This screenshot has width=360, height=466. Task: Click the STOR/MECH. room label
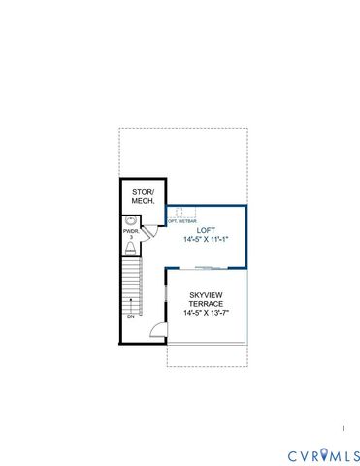(x=144, y=196)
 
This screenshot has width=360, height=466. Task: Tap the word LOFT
(x=205, y=230)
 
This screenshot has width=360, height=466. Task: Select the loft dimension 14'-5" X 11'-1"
(x=205, y=240)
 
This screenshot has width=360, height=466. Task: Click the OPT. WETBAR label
(x=180, y=220)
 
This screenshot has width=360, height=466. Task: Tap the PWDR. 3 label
(x=129, y=234)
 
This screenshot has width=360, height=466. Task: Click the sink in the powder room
(x=130, y=221)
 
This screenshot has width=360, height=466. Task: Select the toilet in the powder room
(x=129, y=248)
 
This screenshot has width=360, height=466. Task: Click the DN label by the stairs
(x=129, y=317)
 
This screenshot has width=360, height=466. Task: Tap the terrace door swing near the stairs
(x=153, y=330)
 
